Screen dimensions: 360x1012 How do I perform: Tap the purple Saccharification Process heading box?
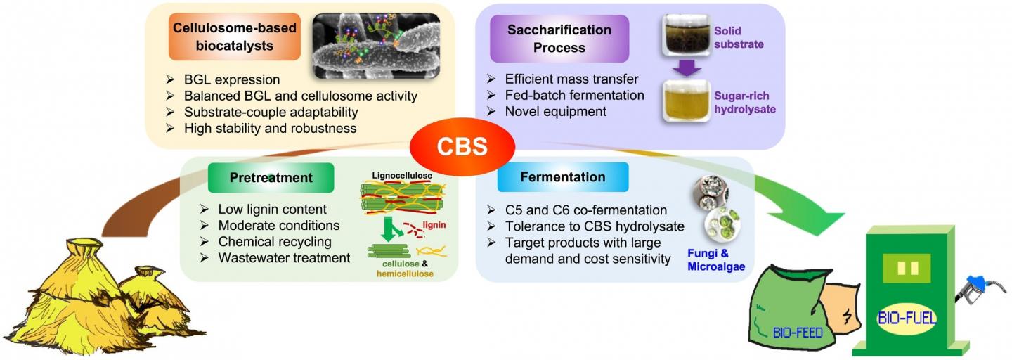point(559,39)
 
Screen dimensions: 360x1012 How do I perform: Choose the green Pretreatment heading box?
point(271,178)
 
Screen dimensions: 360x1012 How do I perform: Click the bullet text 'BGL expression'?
point(232,79)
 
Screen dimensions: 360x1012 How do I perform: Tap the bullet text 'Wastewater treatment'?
point(284,258)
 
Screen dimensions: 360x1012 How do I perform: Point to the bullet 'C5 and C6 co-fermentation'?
point(585,210)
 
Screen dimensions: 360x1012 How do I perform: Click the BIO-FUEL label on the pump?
point(907,318)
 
